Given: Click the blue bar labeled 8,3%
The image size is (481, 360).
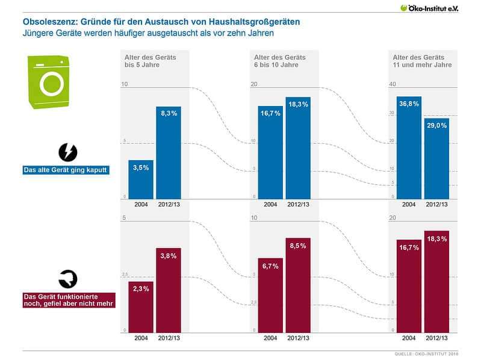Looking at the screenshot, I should pos(169,152).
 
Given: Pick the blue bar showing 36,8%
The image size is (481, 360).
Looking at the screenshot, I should pos(409,147).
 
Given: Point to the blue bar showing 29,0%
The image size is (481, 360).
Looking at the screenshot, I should pos(436,158).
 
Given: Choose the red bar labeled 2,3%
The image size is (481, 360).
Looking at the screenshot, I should pos(141,306).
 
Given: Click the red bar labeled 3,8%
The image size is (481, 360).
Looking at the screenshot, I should pos(169,290).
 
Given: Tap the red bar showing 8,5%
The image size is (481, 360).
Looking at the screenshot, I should pos(298,284).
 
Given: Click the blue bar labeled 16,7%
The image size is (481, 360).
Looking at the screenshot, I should pos(271,152).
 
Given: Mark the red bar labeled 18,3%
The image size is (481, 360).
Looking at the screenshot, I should pos(436,281).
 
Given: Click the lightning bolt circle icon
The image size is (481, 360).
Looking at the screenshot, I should pos(67,151).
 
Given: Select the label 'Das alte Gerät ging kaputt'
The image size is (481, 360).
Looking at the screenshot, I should pos(65,170).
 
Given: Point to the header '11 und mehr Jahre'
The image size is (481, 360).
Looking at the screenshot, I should pos(418,64).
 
